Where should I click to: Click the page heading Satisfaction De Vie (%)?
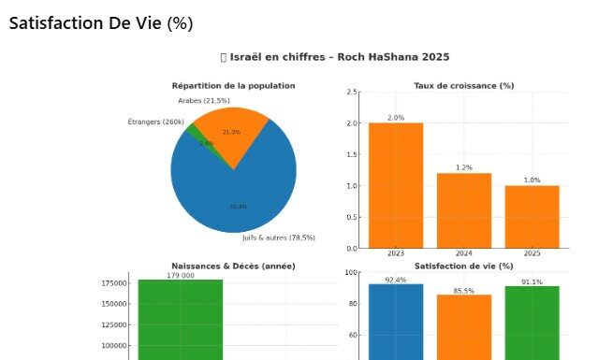pyautogui.click(x=101, y=23)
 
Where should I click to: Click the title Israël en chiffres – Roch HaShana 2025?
pyautogui.click(x=335, y=57)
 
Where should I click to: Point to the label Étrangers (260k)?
pyautogui.click(x=155, y=122)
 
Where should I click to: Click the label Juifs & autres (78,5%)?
pyautogui.click(x=279, y=238)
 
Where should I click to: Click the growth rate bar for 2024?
pyautogui.click(x=464, y=210)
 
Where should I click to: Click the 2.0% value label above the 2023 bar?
pyautogui.click(x=395, y=118)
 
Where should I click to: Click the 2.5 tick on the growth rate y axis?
pyautogui.click(x=352, y=92)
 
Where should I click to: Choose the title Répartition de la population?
pyautogui.click(x=233, y=85)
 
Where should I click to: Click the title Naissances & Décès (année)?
pyautogui.click(x=233, y=266)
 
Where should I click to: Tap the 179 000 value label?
pyautogui.click(x=181, y=276)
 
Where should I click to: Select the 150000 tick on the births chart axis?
pyautogui.click(x=116, y=303)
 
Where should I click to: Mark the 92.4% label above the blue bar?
pyautogui.click(x=395, y=280)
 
